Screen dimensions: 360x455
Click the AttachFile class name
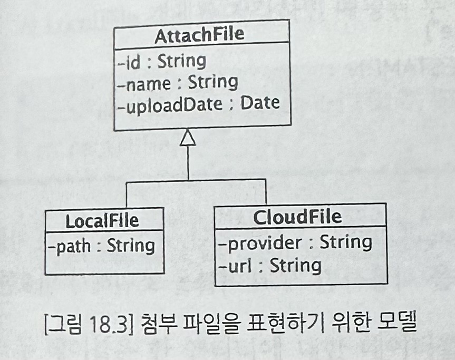199,35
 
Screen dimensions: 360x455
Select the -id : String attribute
161,61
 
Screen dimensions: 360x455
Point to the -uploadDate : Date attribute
198,103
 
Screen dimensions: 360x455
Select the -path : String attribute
101,246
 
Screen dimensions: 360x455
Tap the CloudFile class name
297,217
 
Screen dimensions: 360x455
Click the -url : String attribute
269,265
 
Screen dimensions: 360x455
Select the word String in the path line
131,246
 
